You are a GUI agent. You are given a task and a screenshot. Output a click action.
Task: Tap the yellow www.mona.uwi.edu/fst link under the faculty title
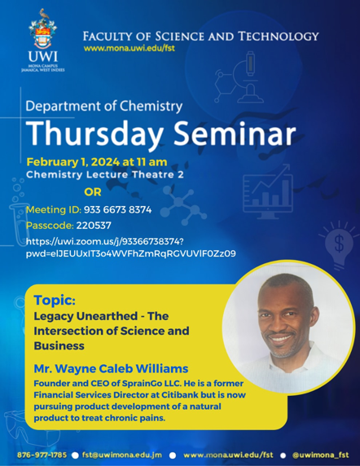coord(130,48)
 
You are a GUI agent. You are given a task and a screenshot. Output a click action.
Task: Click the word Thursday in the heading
coord(95,134)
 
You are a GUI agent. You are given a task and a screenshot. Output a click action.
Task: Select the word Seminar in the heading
coord(235,133)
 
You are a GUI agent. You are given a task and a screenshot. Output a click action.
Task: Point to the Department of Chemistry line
coord(104,107)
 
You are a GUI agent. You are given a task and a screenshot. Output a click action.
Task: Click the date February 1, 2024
coord(73,162)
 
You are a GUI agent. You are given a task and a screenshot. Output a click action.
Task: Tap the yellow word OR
coord(93,192)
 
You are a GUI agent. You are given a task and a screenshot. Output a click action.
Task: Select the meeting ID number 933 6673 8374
coord(117,210)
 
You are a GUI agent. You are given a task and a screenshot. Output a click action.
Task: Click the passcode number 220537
coord(94,226)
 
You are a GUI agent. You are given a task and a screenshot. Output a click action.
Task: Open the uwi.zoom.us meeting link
coord(130,248)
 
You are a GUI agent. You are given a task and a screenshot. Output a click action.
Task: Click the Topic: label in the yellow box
coord(55,300)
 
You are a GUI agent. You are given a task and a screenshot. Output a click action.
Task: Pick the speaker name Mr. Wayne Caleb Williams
coord(111,368)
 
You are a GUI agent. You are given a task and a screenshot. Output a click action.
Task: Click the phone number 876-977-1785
coord(42,455)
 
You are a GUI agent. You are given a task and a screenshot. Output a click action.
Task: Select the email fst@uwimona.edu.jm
coord(122,455)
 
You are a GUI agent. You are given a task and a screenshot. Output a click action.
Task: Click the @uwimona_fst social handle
coord(320,455)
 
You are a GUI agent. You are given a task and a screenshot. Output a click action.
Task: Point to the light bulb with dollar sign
coord(339,244)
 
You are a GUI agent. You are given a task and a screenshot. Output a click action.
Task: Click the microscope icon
coord(240,78)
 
